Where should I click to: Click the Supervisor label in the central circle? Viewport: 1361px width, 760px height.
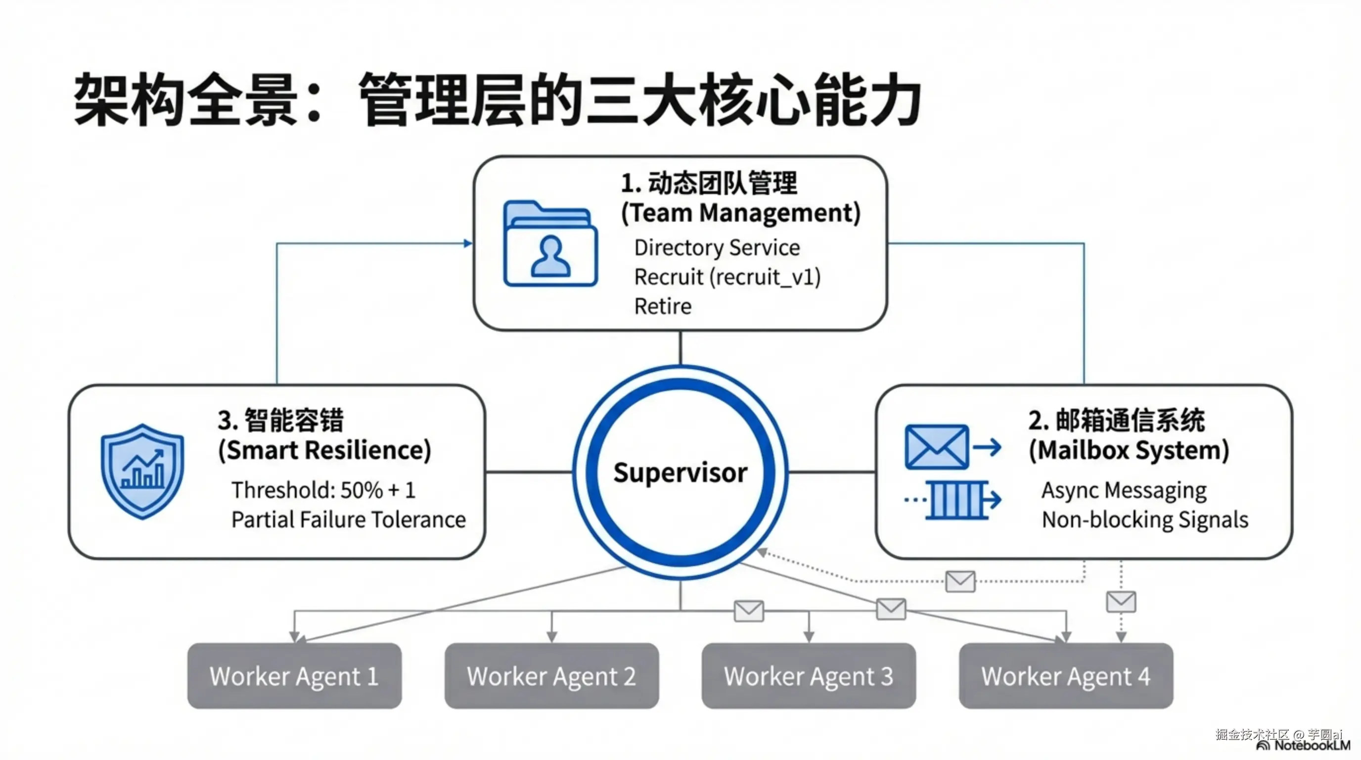[680, 472]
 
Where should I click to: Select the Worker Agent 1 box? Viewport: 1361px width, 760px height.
[294, 675]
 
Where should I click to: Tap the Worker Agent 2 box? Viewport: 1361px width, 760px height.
[551, 675]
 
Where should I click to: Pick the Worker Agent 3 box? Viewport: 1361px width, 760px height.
[809, 675]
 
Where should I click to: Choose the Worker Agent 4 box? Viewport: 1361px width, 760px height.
[1066, 675]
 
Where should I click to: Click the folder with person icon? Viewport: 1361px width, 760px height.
[550, 243]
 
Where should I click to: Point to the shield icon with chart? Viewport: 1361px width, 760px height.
[142, 472]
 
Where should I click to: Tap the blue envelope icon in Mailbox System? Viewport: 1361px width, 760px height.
[937, 447]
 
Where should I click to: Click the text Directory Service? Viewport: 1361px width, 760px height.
[717, 247]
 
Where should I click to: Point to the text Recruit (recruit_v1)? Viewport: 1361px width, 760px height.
[727, 277]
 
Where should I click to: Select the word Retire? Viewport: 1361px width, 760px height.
[663, 306]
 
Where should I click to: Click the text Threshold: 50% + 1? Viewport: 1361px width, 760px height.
[323, 490]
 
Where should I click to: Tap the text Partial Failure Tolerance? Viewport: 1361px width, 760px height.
[349, 520]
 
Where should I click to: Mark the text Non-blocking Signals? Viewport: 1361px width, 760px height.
[1145, 520]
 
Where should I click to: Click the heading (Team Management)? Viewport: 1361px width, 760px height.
[741, 213]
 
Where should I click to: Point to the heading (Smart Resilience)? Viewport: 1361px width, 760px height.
[324, 450]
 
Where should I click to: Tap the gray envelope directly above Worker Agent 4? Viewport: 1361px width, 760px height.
[1121, 602]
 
